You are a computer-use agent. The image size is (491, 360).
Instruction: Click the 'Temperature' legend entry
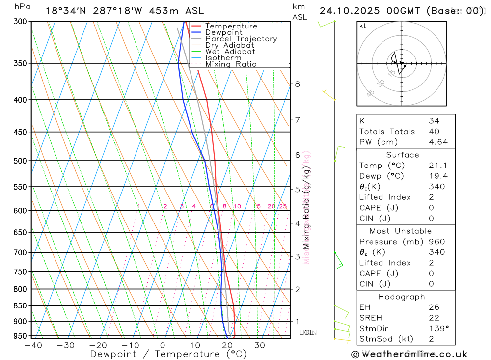click(x=231, y=26)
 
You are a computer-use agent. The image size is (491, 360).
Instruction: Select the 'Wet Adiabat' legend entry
click(x=230, y=52)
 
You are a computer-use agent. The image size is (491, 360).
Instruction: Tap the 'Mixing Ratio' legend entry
click(x=231, y=64)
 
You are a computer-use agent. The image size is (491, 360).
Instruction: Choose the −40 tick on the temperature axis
click(x=32, y=345)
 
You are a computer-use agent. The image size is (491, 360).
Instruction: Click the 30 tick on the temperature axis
click(x=260, y=345)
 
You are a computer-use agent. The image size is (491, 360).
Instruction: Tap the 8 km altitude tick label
click(x=298, y=84)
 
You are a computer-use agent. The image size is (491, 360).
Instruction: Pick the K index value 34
click(x=434, y=121)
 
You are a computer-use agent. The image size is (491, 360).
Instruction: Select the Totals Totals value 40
click(x=434, y=132)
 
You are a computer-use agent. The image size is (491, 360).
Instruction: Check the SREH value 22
click(x=434, y=318)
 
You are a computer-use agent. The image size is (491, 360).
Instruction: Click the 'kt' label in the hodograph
click(x=363, y=26)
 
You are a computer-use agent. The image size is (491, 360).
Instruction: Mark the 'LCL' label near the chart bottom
click(x=306, y=332)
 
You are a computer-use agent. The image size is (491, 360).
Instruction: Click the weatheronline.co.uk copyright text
click(x=409, y=354)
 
